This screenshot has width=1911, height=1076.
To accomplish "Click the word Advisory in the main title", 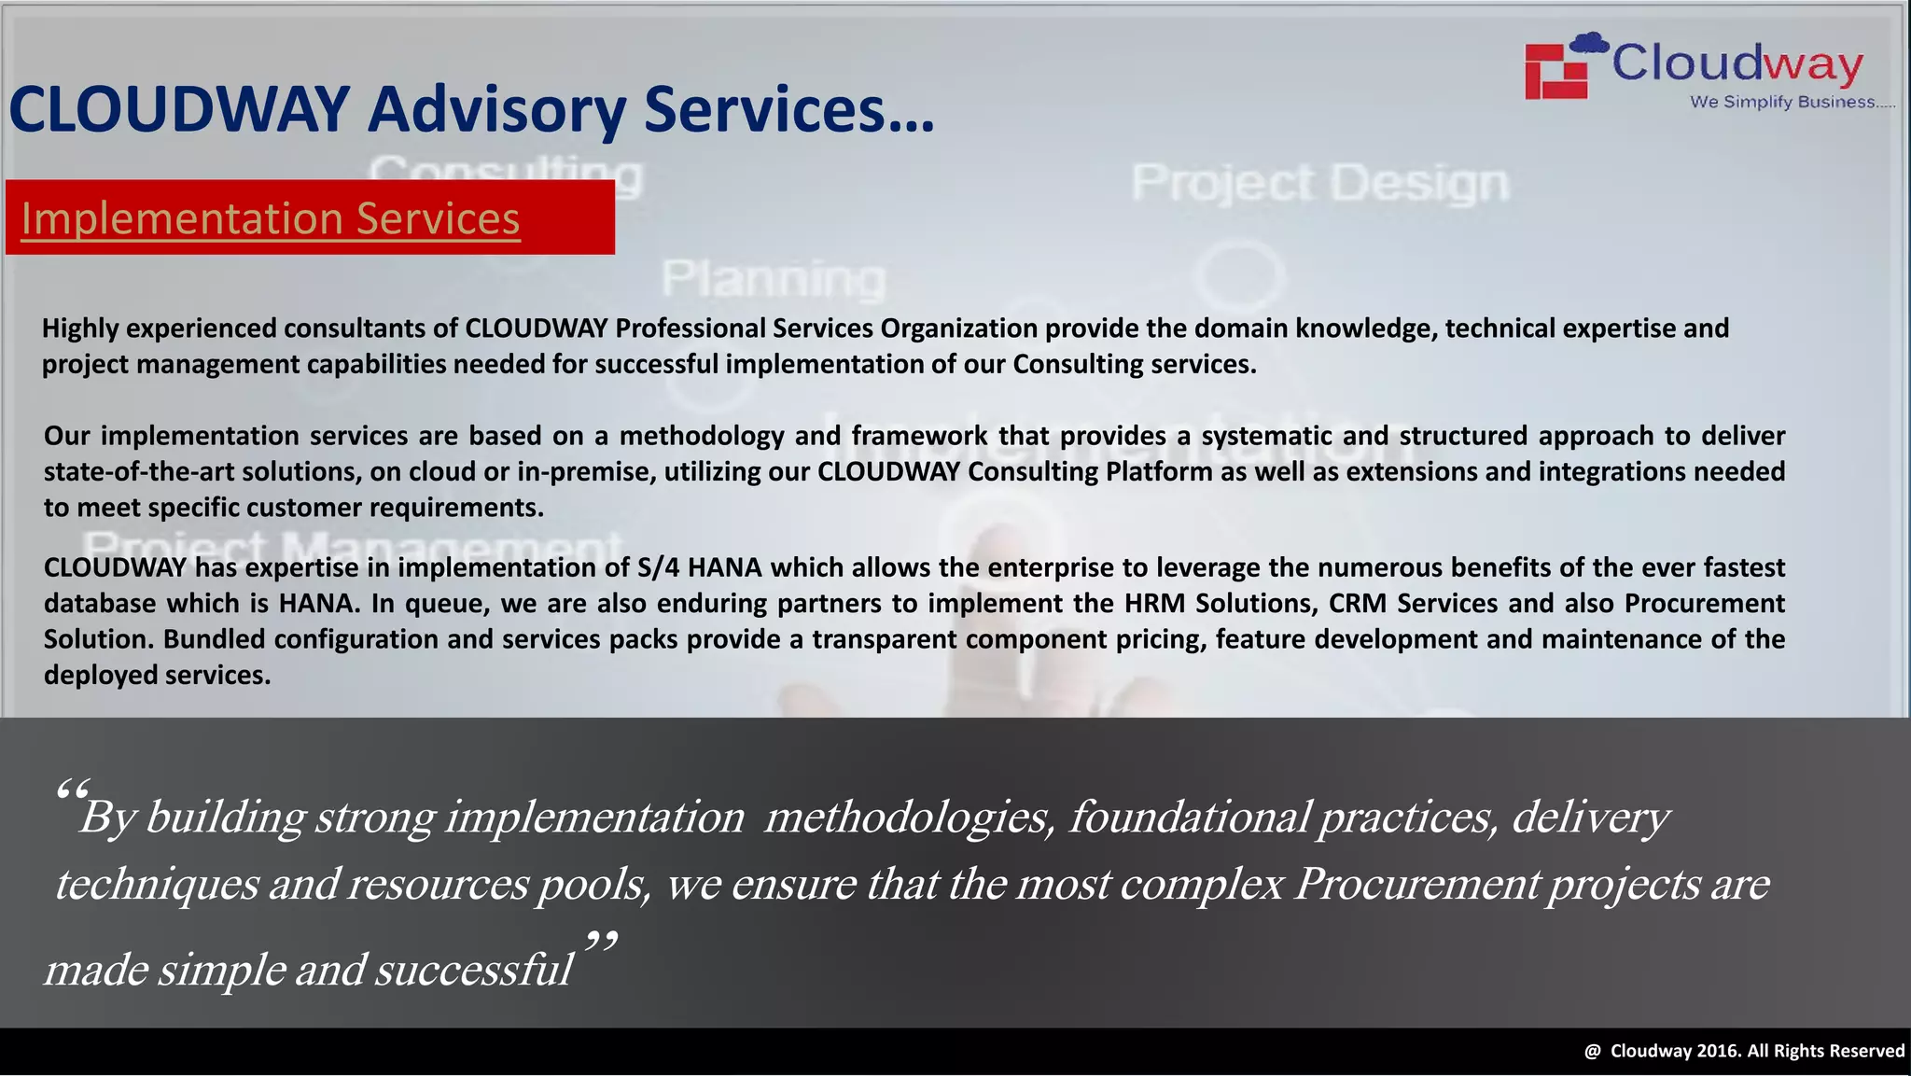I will [496, 110].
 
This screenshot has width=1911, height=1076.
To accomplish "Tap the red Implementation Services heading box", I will [309, 217].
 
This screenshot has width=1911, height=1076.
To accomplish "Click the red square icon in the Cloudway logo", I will [1556, 71].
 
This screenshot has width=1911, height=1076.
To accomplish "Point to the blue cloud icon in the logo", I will [1589, 43].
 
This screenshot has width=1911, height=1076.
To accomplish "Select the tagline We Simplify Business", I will [1792, 102].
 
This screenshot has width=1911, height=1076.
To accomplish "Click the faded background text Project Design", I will [1319, 182].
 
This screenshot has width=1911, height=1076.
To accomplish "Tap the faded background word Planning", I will [774, 278].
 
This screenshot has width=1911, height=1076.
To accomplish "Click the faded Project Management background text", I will [353, 546].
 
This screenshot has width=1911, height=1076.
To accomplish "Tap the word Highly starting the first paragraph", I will [80, 328].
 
